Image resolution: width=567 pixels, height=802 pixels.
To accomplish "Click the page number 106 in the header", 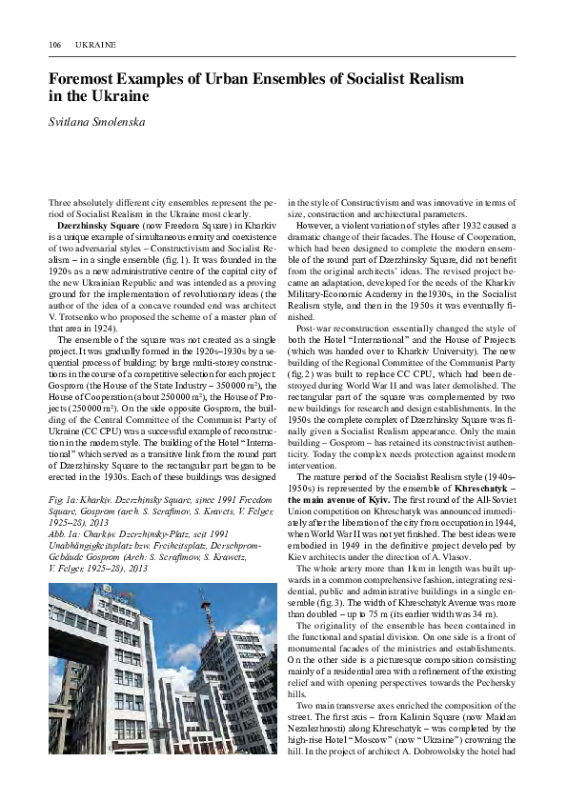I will coord(54,44).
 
